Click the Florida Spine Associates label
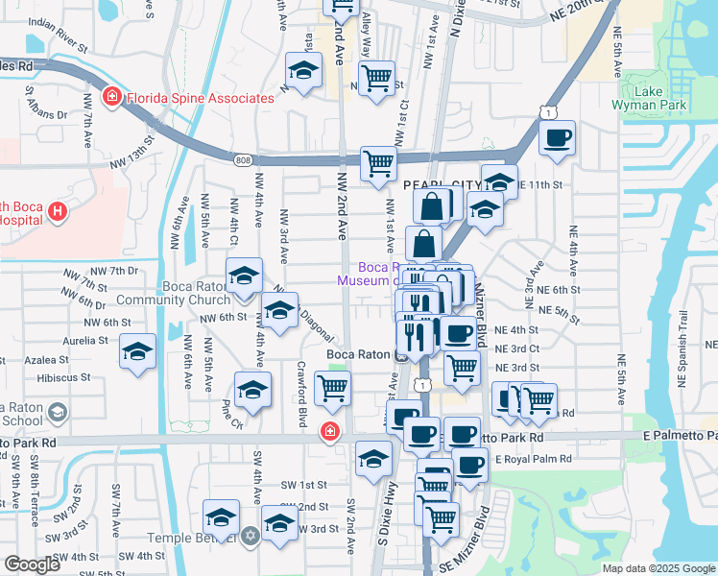tap(198, 98)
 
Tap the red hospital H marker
tap(57, 211)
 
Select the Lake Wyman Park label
tap(662, 97)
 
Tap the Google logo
tap(33, 564)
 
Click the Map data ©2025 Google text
tap(658, 568)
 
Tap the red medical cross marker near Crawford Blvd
tap(330, 432)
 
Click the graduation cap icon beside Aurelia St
tap(137, 350)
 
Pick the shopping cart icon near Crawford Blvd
tap(332, 389)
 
